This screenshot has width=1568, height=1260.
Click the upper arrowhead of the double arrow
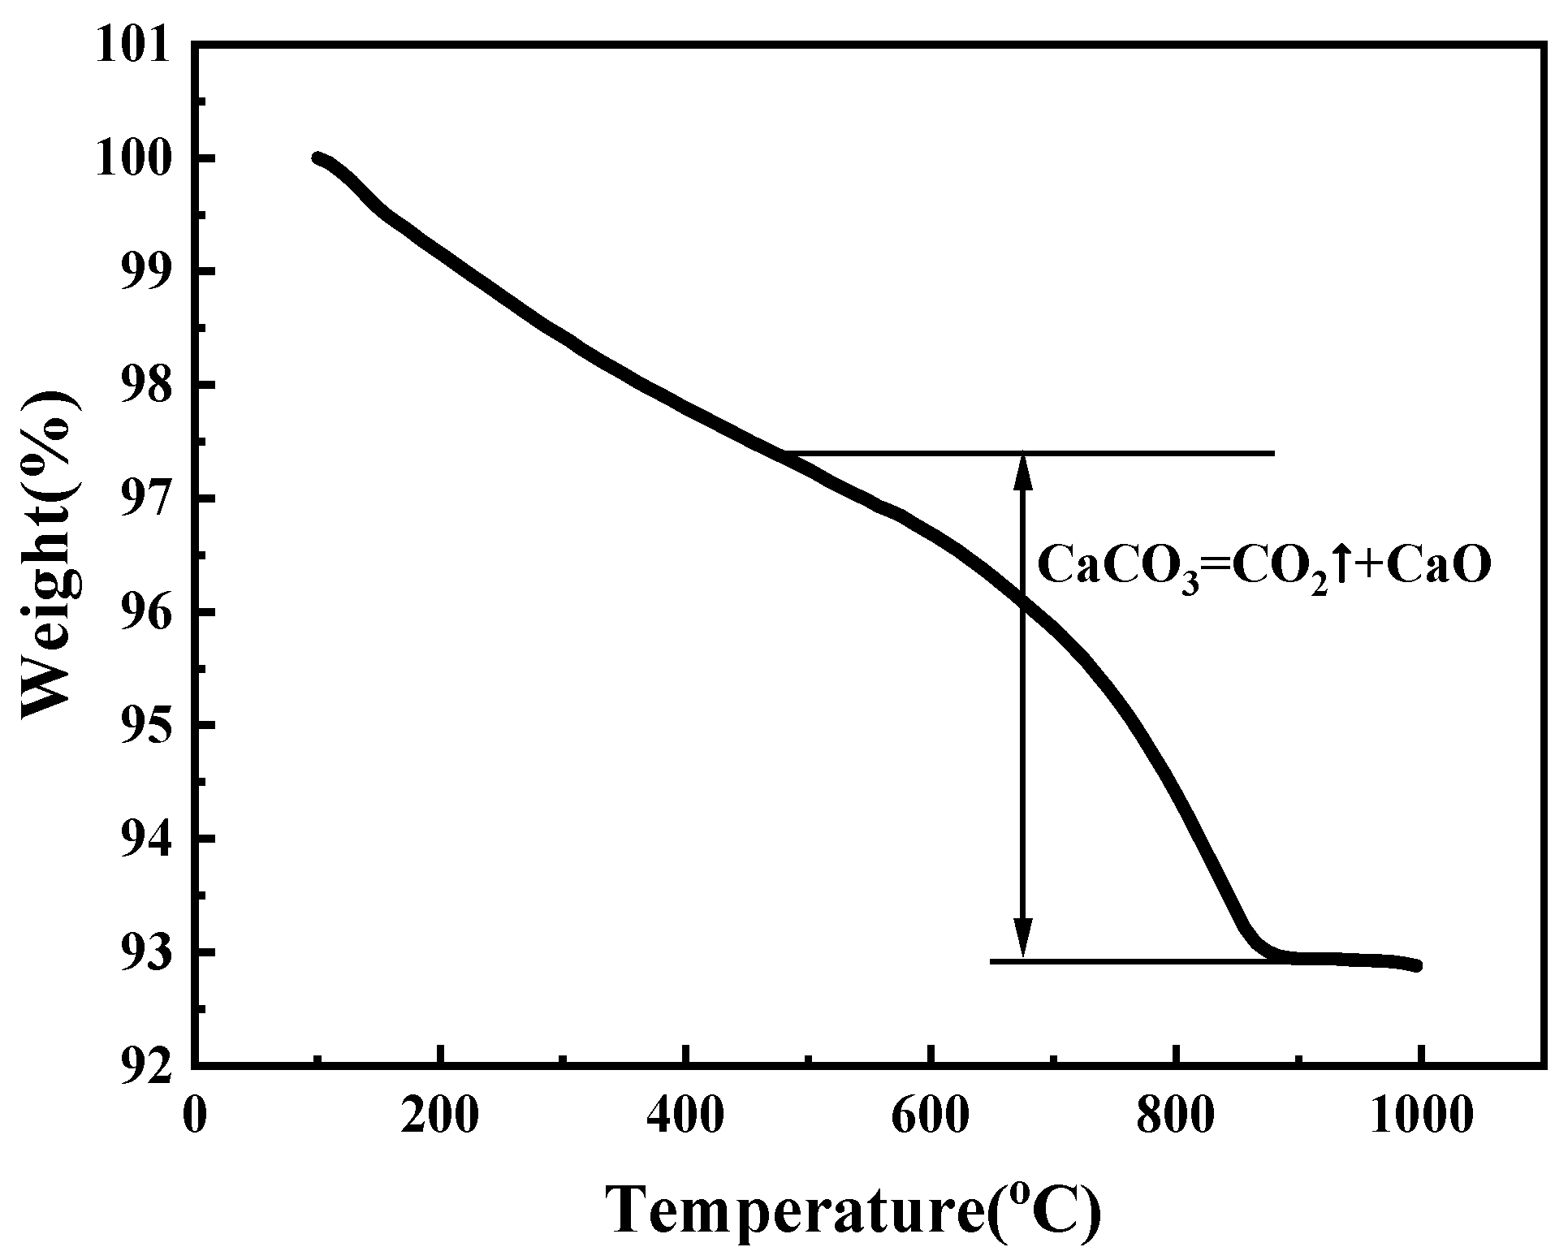coord(1024,469)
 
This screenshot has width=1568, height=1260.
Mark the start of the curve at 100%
coord(317,158)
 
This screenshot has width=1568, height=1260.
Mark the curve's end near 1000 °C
coord(1417,965)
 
